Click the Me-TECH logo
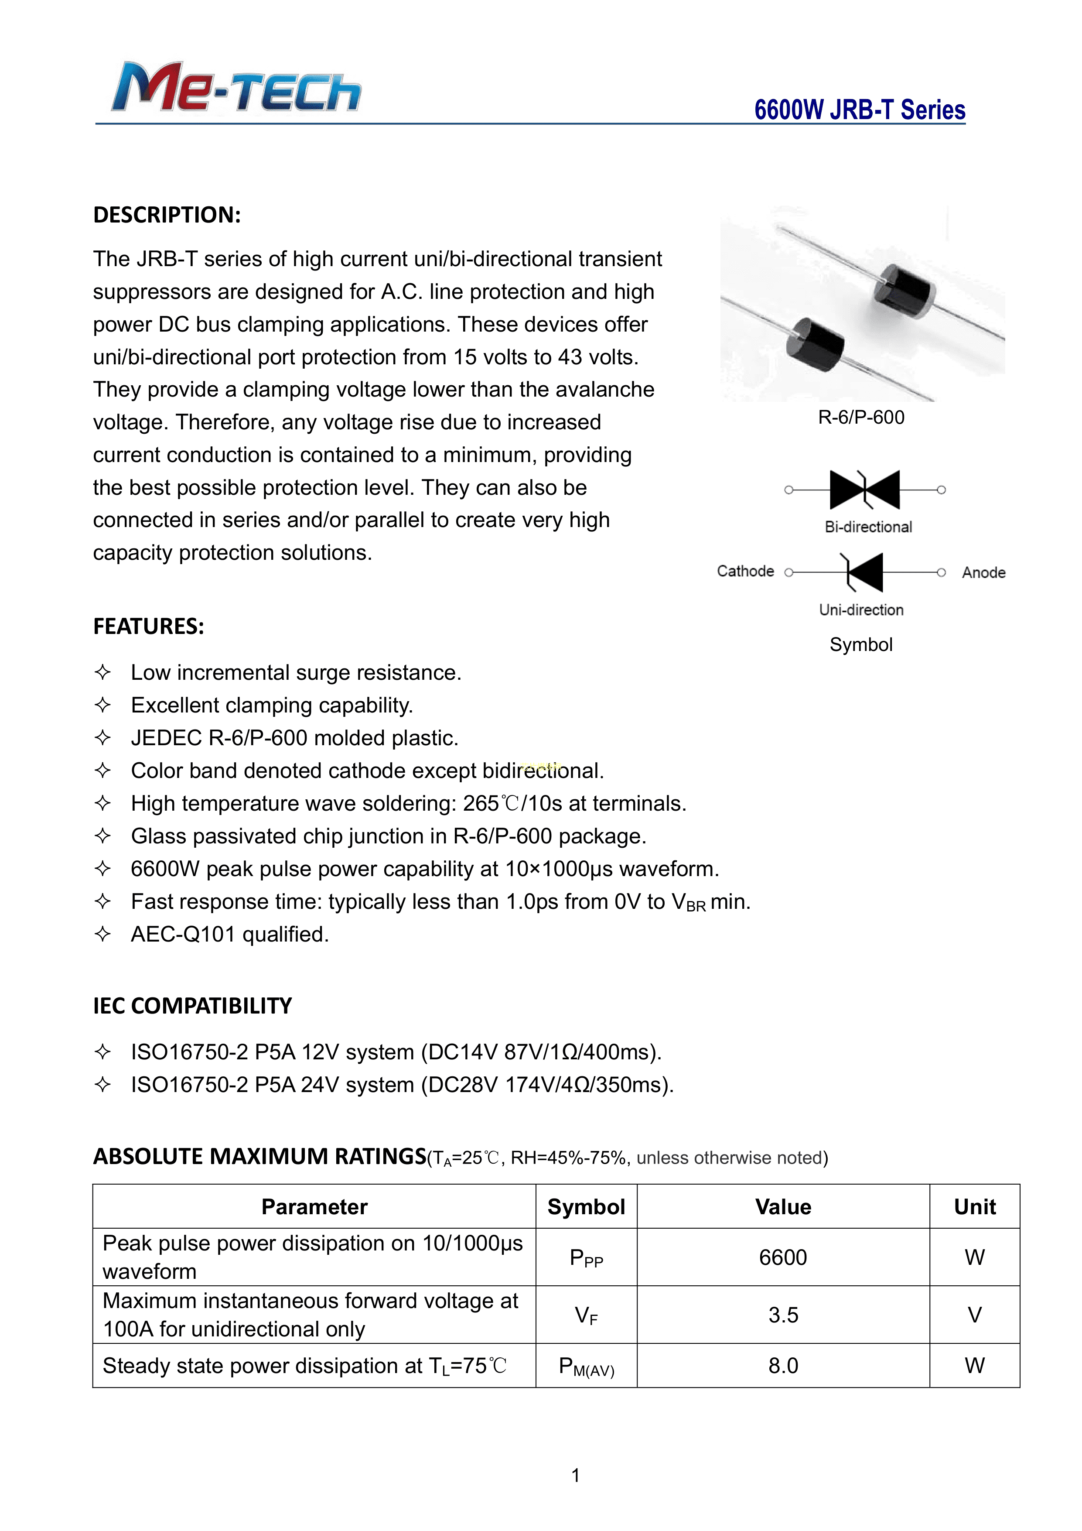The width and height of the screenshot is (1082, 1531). pyautogui.click(x=237, y=87)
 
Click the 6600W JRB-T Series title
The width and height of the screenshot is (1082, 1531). pyautogui.click(x=859, y=110)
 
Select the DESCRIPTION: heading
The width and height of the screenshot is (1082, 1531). pyautogui.click(x=167, y=215)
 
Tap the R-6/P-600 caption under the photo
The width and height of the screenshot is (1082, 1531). pyautogui.click(x=860, y=418)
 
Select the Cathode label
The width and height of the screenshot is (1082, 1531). pyautogui.click(x=745, y=572)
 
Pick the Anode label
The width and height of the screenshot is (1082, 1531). pyautogui.click(x=983, y=573)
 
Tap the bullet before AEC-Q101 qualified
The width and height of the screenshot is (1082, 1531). pyautogui.click(x=102, y=934)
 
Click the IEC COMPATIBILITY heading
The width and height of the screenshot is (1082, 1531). pyautogui.click(x=193, y=1006)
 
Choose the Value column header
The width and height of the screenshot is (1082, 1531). pyautogui.click(x=783, y=1207)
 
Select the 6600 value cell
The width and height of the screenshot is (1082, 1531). pyautogui.click(x=783, y=1257)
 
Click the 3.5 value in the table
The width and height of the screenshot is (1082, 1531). pyautogui.click(x=783, y=1315)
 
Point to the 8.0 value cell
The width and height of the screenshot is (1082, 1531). pyautogui.click(x=783, y=1366)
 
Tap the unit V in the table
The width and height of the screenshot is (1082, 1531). pyautogui.click(x=974, y=1315)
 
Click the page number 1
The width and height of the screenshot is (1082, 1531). pyautogui.click(x=575, y=1476)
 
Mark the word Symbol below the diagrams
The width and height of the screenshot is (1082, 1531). pyautogui.click(x=860, y=645)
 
